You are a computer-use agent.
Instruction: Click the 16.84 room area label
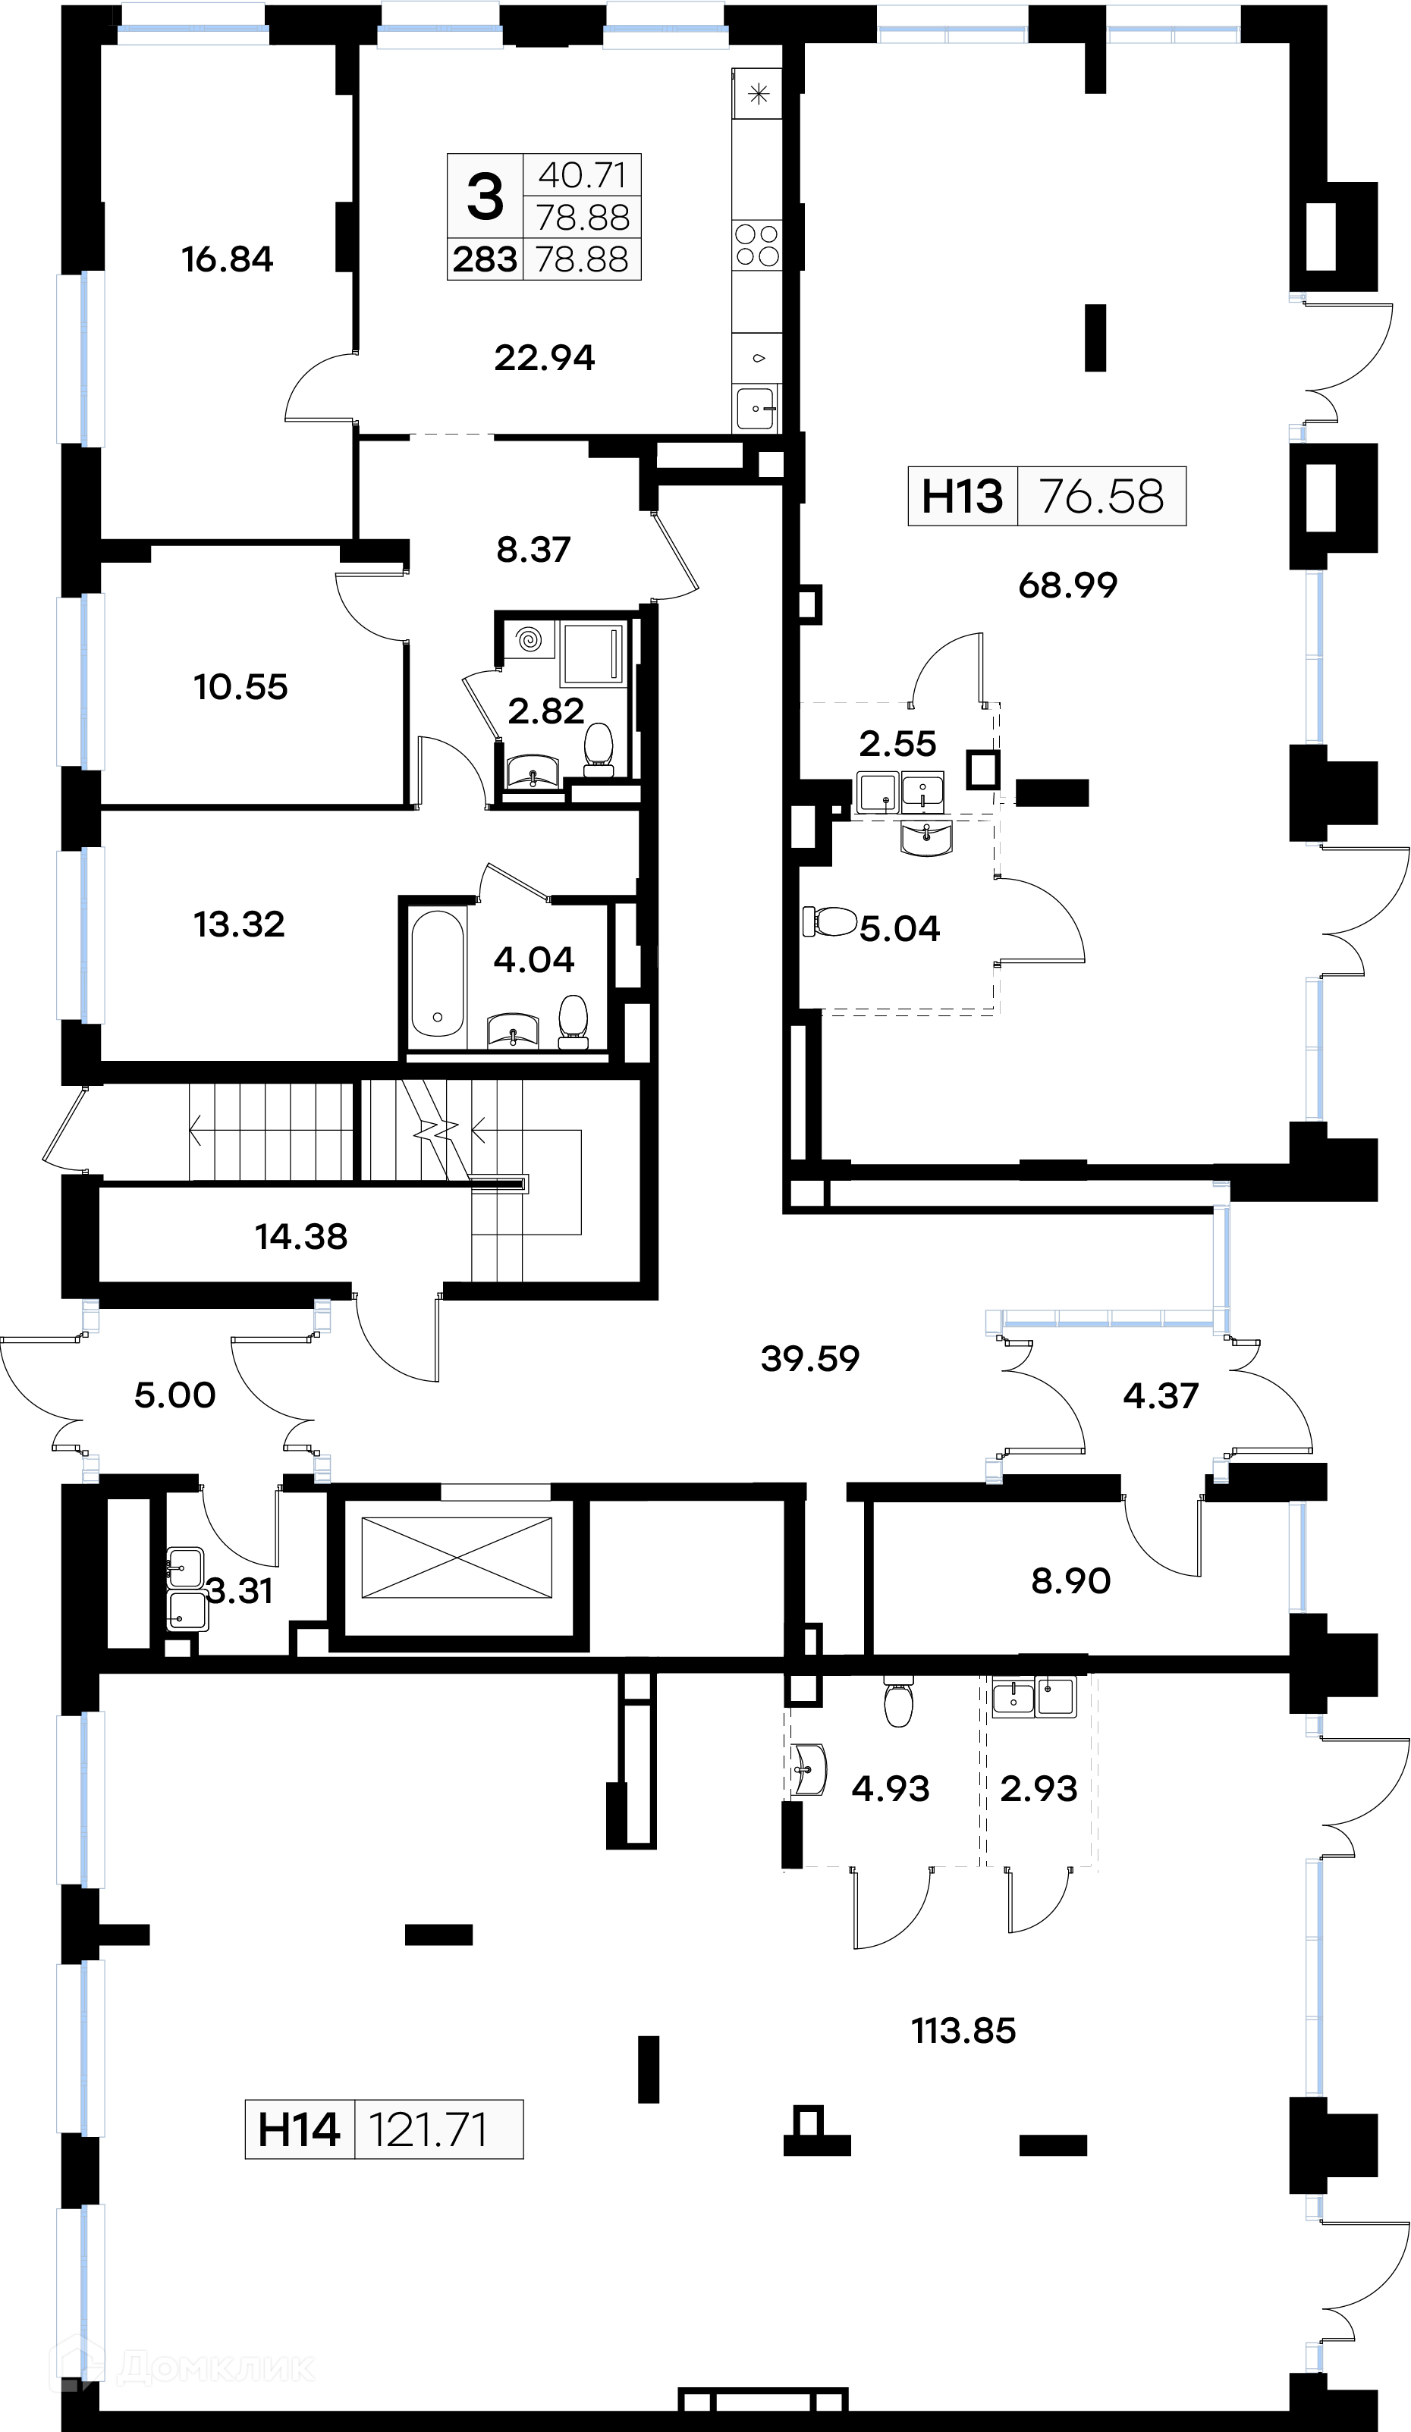228,259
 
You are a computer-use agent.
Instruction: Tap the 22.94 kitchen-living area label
545,358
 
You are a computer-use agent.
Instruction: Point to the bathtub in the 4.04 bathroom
438,973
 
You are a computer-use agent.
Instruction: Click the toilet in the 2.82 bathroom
599,749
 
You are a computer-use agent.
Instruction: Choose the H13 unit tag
962,497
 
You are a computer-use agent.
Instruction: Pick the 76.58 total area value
1101,497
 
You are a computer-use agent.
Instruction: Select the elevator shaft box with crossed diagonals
457,1558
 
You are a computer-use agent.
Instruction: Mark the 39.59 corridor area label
809,1359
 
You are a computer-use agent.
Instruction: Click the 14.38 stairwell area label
301,1236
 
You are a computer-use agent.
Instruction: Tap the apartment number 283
485,259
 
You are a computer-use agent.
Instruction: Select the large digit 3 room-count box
485,196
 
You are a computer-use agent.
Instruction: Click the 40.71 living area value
583,176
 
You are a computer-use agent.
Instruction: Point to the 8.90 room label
1070,1581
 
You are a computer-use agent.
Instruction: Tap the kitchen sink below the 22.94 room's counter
756,408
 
